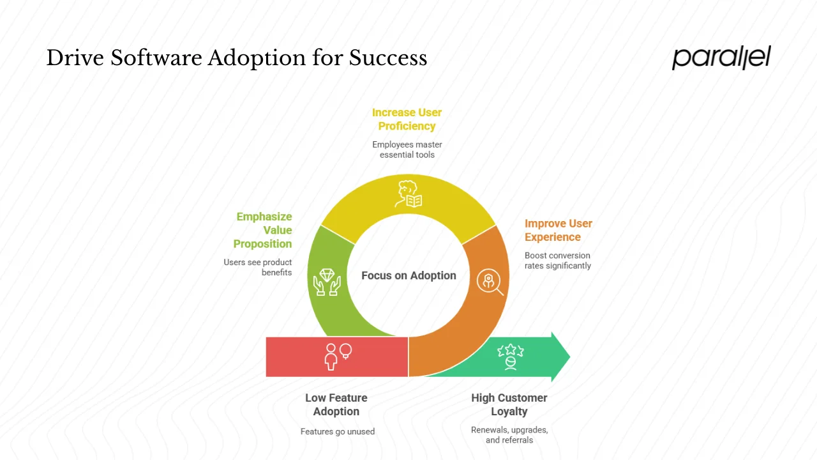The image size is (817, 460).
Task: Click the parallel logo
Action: [721, 57]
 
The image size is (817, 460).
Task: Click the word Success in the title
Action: [387, 58]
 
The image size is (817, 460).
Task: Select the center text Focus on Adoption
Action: [408, 275]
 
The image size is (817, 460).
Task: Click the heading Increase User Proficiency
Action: [407, 119]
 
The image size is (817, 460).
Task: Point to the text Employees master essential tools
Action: [407, 149]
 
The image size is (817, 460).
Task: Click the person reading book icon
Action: [408, 194]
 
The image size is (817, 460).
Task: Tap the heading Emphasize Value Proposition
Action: [263, 230]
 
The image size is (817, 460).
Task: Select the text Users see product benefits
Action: [258, 267]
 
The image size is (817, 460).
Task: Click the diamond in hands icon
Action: [327, 281]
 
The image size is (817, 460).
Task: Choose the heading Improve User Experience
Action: [558, 230]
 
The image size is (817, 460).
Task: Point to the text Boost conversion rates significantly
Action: [557, 261]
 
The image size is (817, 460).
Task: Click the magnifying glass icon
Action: [490, 281]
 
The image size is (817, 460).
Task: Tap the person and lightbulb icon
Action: [338, 356]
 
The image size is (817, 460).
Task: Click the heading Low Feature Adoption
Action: [336, 404]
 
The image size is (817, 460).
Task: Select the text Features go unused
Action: [338, 431]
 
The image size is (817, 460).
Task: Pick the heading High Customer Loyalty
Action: [509, 404]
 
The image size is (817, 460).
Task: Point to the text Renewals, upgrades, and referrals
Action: [509, 434]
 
